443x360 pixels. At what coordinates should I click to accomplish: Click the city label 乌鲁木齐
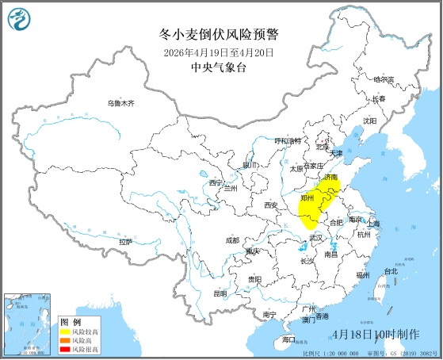pyautogui.click(x=121, y=104)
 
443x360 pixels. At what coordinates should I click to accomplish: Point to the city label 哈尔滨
pyautogui.click(x=384, y=79)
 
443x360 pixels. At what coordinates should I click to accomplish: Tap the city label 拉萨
pyautogui.click(x=127, y=241)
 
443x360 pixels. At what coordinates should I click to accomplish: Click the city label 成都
pyautogui.click(x=231, y=239)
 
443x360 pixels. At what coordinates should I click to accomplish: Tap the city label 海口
pyautogui.click(x=288, y=339)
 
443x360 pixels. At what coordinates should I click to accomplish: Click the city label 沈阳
pyautogui.click(x=369, y=121)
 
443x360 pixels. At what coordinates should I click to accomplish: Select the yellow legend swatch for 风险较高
pyautogui.click(x=65, y=331)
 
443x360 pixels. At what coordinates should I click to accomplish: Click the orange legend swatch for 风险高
pyautogui.click(x=65, y=340)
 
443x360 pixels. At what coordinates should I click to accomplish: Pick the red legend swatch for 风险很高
pyautogui.click(x=65, y=349)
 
